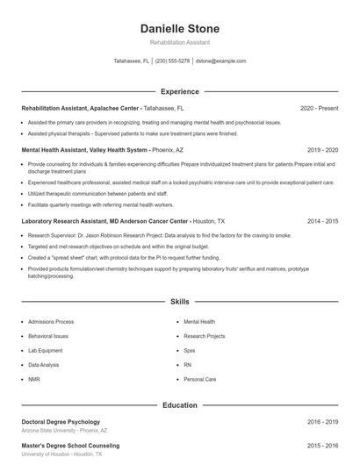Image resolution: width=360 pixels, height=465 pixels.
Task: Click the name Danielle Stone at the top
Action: tap(179, 28)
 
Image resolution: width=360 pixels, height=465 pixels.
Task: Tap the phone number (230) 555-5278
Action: tap(172, 61)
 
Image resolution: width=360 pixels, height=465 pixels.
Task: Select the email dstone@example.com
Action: tap(220, 61)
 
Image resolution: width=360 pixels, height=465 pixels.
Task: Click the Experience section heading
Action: tap(179, 91)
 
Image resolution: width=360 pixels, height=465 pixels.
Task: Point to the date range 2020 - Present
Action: tap(319, 108)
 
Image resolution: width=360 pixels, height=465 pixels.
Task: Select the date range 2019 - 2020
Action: tap(322, 150)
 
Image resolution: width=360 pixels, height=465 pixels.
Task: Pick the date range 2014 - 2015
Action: tap(322, 222)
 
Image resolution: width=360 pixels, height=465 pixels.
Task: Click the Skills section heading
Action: tap(179, 301)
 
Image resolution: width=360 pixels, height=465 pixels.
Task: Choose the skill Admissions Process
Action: tap(51, 322)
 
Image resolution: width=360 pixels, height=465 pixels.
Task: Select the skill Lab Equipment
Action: tap(45, 350)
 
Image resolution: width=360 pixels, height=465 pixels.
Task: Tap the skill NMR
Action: tap(34, 379)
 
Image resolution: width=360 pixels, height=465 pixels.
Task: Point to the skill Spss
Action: tap(191, 350)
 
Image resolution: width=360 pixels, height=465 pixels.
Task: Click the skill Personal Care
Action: tap(199, 379)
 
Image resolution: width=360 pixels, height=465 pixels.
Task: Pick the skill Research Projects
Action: tap(205, 336)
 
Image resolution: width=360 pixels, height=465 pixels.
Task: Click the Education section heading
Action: tap(179, 405)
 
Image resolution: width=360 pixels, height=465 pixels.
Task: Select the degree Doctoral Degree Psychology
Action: tap(61, 422)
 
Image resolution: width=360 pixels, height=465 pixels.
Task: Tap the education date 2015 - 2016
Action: tap(322, 446)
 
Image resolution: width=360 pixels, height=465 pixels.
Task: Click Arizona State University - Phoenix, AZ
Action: tap(64, 431)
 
